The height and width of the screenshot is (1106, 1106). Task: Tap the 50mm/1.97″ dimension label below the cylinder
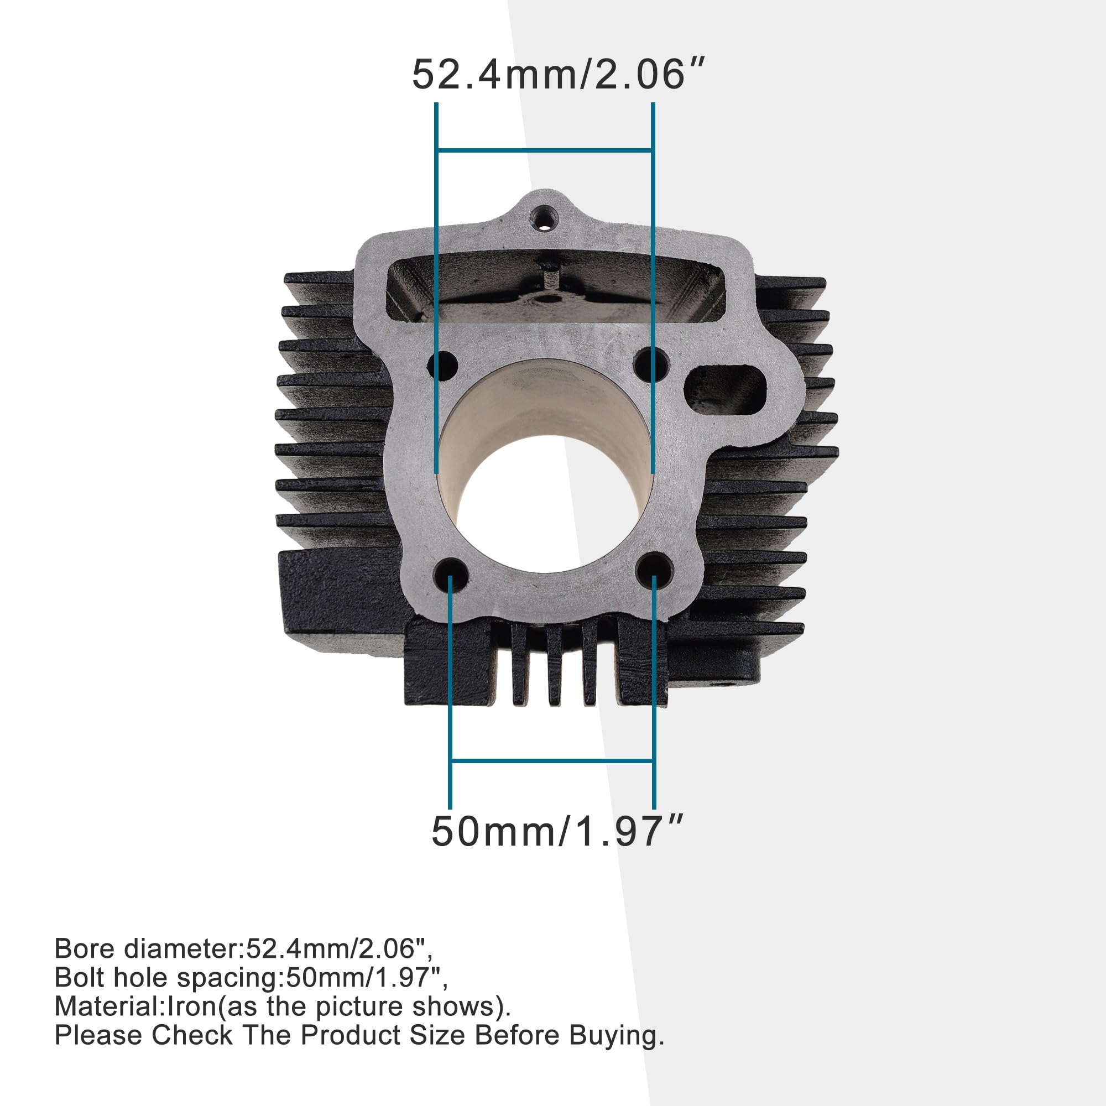tap(557, 832)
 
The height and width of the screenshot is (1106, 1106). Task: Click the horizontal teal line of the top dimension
tap(544, 150)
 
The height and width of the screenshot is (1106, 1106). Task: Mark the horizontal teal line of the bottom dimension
tap(552, 761)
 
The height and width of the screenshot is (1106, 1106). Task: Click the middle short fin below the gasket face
tap(552, 664)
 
